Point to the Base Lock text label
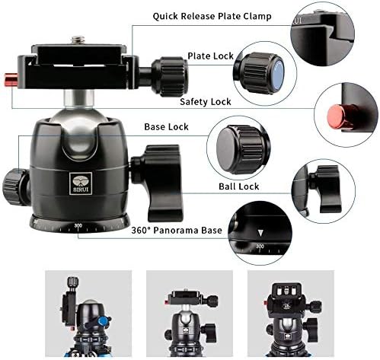point(167,126)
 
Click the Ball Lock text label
point(238,186)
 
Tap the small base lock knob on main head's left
point(13,181)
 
